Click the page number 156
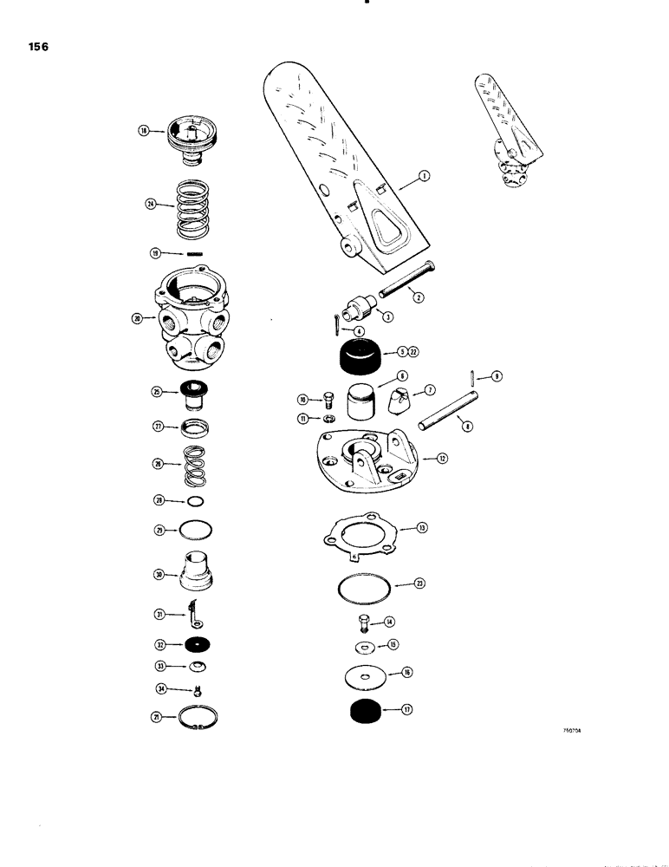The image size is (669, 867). (x=36, y=49)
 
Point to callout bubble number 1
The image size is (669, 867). (x=424, y=176)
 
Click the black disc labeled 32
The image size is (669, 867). (x=195, y=645)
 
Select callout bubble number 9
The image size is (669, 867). (x=497, y=375)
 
